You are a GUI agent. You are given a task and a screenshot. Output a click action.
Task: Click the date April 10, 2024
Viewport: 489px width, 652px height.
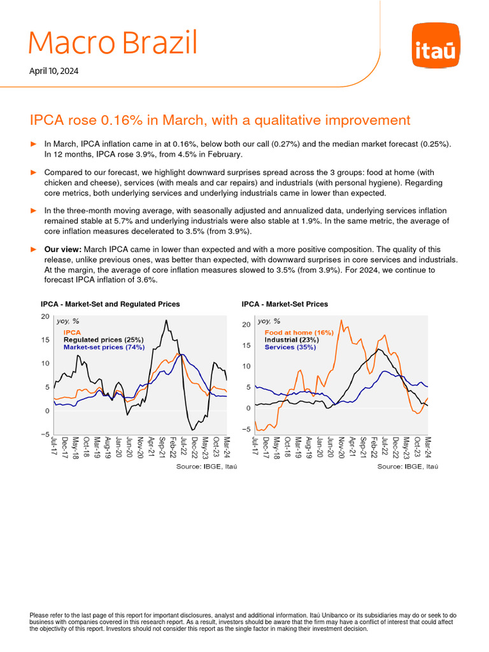click(x=54, y=71)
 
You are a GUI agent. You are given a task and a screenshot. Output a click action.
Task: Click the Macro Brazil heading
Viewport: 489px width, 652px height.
click(x=113, y=43)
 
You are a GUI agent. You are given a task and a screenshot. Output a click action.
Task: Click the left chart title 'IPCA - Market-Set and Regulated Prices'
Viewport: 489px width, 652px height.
click(x=110, y=304)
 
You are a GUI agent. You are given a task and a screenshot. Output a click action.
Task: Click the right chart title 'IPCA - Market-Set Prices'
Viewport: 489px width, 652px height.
click(x=285, y=304)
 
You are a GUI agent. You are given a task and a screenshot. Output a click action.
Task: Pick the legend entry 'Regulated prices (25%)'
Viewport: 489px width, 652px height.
click(x=103, y=340)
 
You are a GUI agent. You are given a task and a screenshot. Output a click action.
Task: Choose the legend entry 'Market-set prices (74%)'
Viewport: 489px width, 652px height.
click(x=104, y=348)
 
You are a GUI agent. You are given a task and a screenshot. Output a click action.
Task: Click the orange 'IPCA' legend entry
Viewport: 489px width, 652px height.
click(x=71, y=332)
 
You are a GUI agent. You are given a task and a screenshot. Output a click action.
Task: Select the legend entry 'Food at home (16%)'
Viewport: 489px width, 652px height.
click(x=299, y=332)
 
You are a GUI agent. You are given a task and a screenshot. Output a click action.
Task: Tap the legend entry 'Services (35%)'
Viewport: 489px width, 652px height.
click(x=290, y=348)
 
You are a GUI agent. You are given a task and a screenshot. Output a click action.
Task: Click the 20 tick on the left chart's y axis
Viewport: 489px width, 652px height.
click(x=45, y=316)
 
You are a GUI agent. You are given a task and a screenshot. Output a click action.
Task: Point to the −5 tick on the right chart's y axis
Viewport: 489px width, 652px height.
click(x=246, y=429)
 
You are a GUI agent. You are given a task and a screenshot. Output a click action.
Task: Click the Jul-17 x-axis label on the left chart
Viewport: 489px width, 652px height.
click(x=54, y=448)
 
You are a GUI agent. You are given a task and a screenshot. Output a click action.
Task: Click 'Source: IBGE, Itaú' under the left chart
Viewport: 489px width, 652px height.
click(x=201, y=467)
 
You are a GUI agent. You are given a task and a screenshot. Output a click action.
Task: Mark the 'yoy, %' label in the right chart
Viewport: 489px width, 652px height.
click(x=268, y=322)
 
